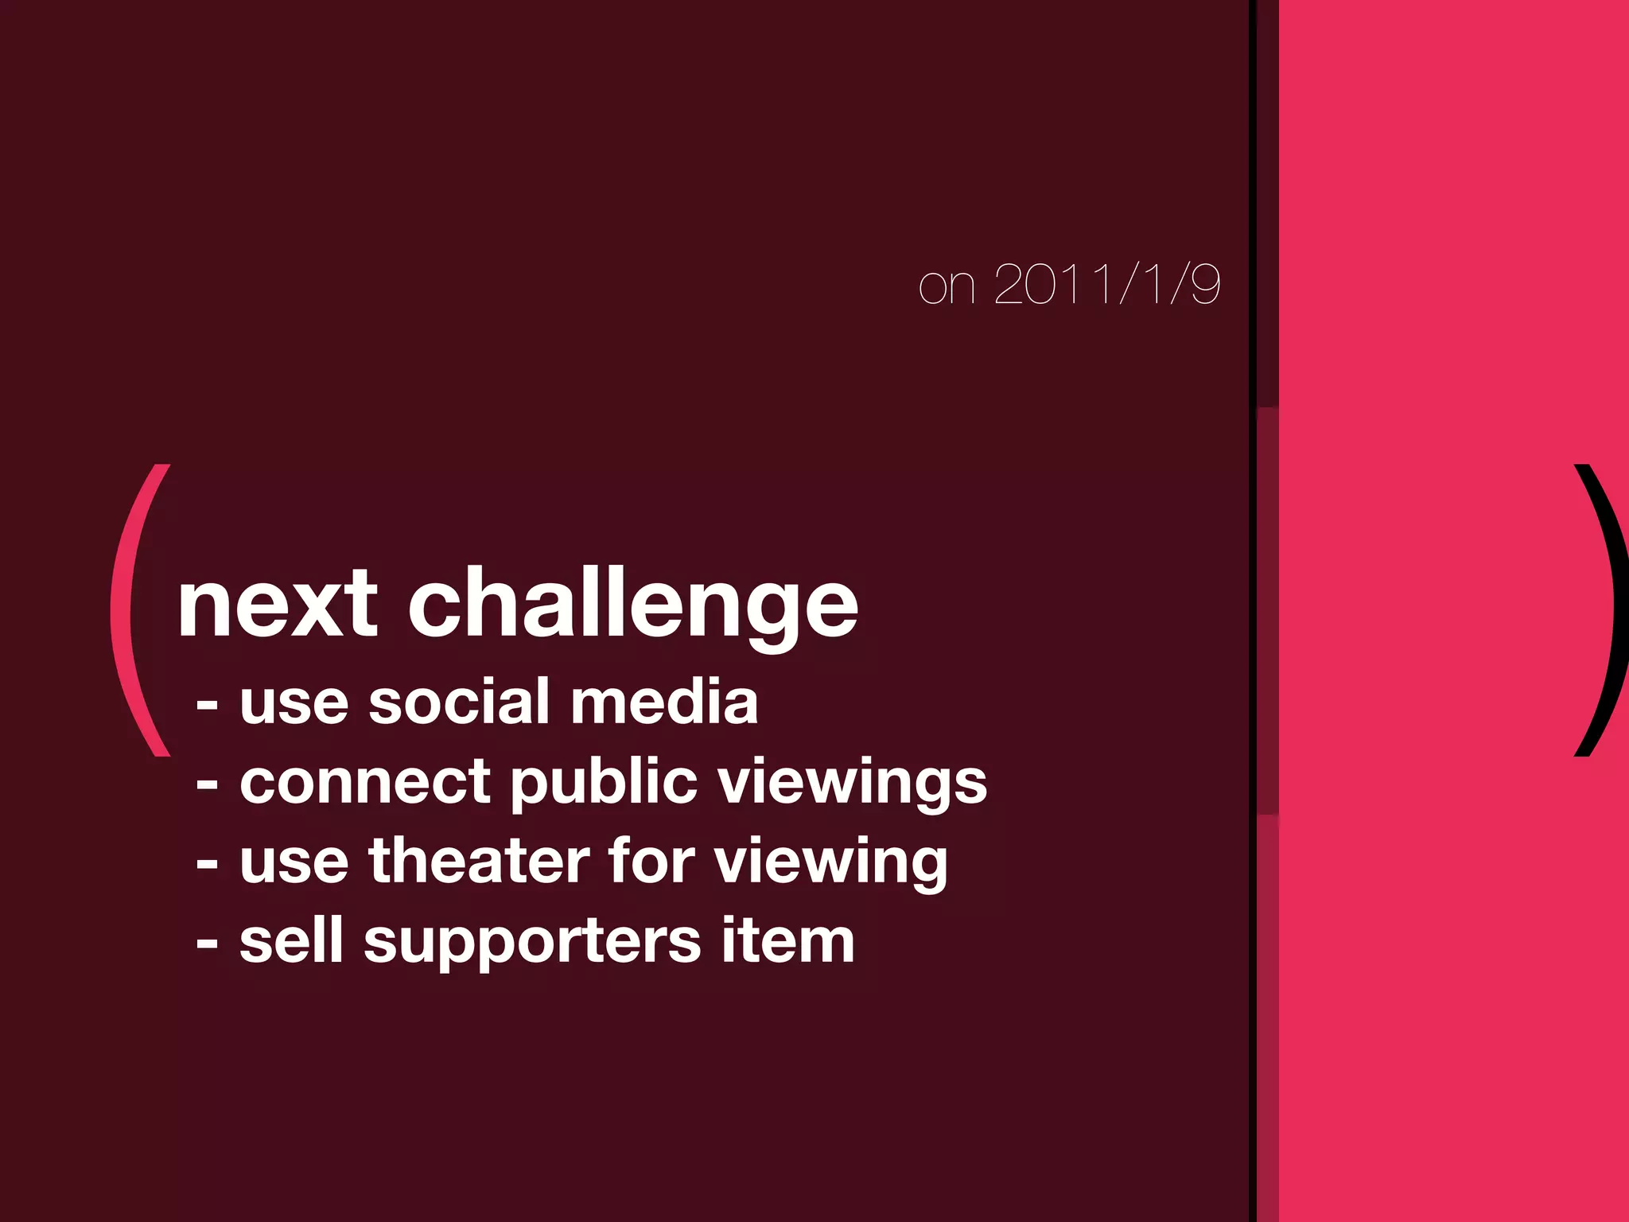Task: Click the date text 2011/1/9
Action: click(1106, 284)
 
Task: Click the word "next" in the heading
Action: click(278, 605)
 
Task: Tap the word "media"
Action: click(664, 702)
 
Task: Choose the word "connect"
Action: click(364, 782)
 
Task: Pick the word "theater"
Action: click(478, 862)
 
